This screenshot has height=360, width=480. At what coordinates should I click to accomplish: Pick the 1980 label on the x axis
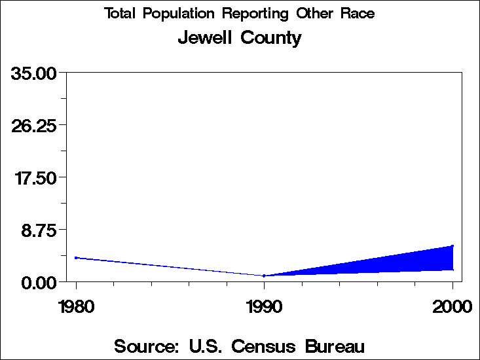(x=76, y=306)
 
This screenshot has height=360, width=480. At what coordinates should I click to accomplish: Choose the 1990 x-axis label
(x=264, y=306)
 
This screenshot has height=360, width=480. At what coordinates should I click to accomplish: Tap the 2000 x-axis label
(x=452, y=306)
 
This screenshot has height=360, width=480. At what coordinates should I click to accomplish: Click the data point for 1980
(x=77, y=258)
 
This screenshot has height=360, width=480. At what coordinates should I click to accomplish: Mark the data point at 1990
(x=264, y=276)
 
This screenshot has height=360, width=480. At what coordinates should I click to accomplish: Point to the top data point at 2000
(x=452, y=246)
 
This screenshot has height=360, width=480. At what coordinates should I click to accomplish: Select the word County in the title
(x=271, y=39)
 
